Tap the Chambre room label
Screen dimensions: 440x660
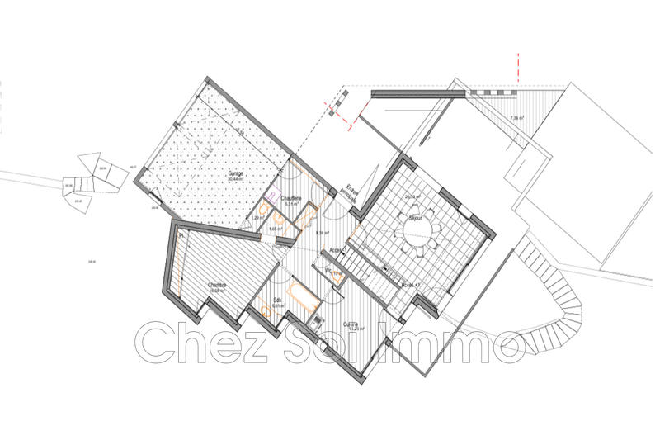pyautogui.click(x=218, y=283)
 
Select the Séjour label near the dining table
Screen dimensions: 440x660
pyautogui.click(x=416, y=219)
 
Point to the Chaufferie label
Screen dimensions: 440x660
pyautogui.click(x=290, y=198)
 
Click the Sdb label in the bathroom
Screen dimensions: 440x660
pyautogui.click(x=278, y=299)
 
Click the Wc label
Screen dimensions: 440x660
pyautogui.click(x=328, y=269)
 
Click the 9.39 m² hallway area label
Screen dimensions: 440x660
pyautogui.click(x=323, y=233)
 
